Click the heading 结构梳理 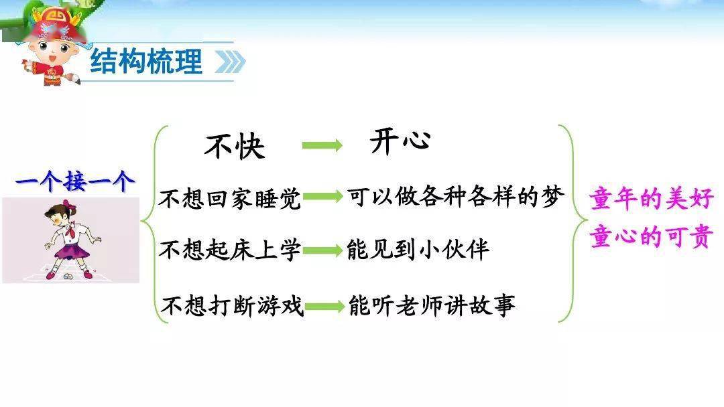click(146, 62)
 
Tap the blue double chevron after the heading click(230, 62)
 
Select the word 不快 click(235, 147)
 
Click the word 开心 click(400, 141)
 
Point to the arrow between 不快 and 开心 click(322, 146)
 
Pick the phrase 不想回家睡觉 click(229, 199)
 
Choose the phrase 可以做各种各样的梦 click(456, 196)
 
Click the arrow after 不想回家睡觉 click(322, 196)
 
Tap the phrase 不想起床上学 click(229, 250)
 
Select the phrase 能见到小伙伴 click(418, 250)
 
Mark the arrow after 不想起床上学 click(322, 250)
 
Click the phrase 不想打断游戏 click(232, 305)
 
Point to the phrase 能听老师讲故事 click(432, 305)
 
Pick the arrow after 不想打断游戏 click(324, 306)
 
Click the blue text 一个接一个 click(75, 181)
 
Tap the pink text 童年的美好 click(652, 199)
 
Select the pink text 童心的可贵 click(652, 236)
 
